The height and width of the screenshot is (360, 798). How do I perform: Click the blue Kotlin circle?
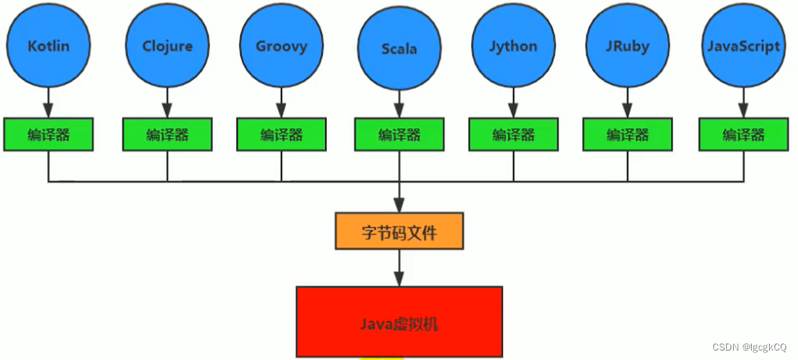49,45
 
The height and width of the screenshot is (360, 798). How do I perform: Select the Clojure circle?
166,45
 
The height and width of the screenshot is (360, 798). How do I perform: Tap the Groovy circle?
281,45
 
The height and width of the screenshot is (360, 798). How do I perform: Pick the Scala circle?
399,49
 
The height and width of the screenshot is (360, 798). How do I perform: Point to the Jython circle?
513,45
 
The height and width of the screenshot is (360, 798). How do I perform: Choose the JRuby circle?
627,45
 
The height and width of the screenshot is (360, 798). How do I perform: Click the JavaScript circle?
743,45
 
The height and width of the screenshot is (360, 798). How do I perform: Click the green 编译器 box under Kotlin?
49,134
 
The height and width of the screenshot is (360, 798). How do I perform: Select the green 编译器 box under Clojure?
167,134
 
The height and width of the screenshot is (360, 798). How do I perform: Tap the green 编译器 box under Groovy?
281,134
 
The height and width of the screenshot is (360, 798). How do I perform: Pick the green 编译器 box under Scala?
399,134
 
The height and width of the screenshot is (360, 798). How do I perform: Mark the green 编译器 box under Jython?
513,134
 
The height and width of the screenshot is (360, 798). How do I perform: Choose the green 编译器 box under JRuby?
627,134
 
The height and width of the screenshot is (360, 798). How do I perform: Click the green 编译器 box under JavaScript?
743,134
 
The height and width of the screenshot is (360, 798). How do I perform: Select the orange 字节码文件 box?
399,231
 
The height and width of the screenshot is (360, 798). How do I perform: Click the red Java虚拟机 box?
399,322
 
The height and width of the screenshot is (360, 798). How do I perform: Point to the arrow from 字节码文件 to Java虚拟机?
399,268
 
